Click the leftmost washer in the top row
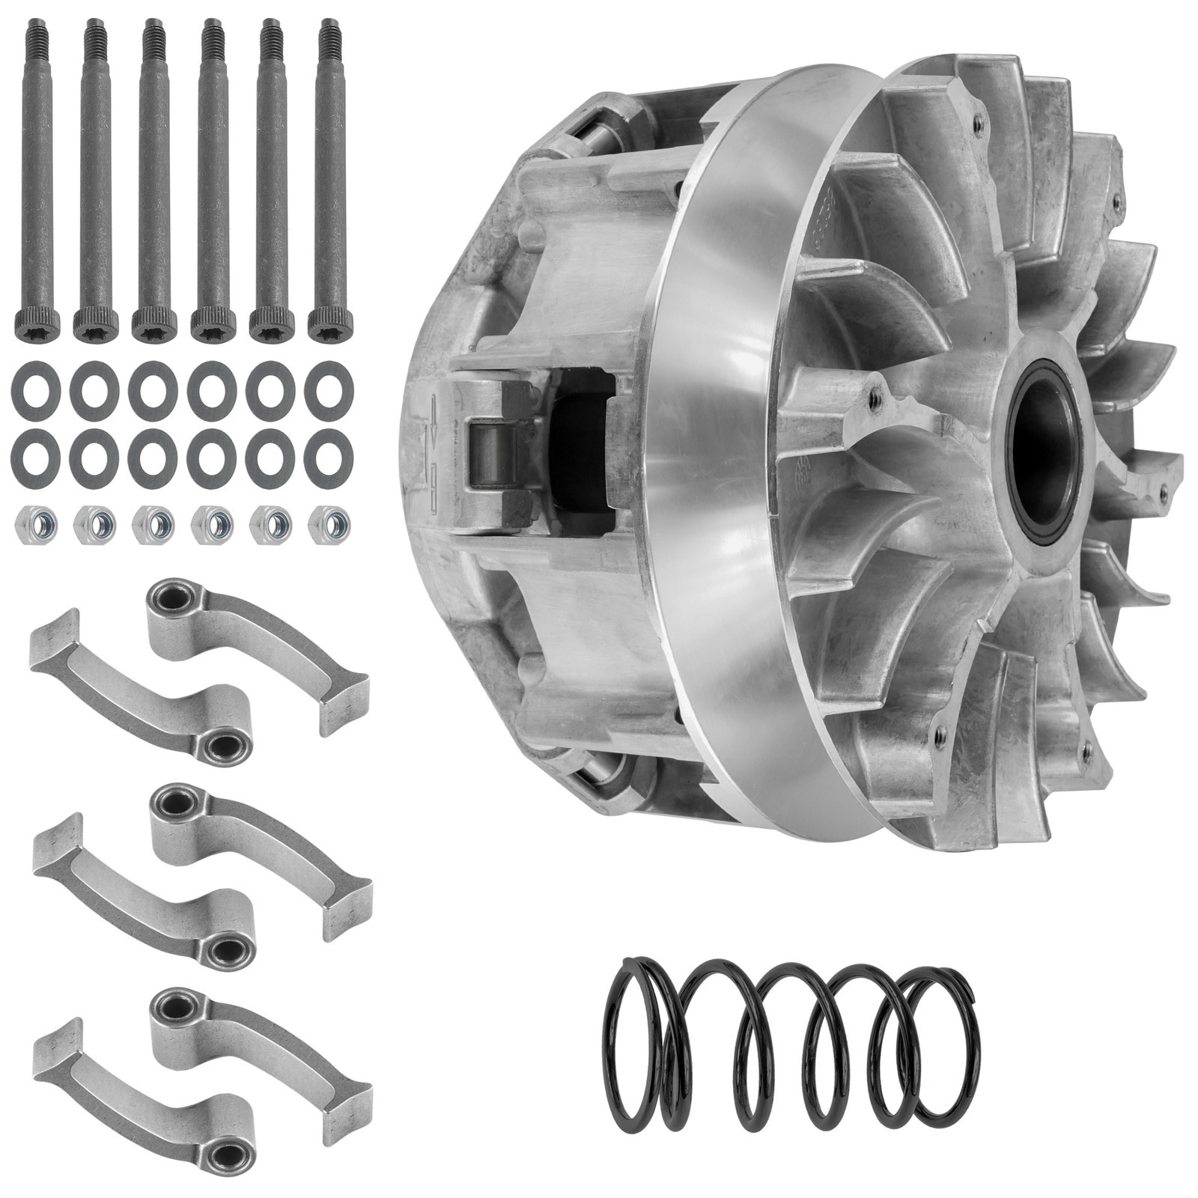click(33, 389)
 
